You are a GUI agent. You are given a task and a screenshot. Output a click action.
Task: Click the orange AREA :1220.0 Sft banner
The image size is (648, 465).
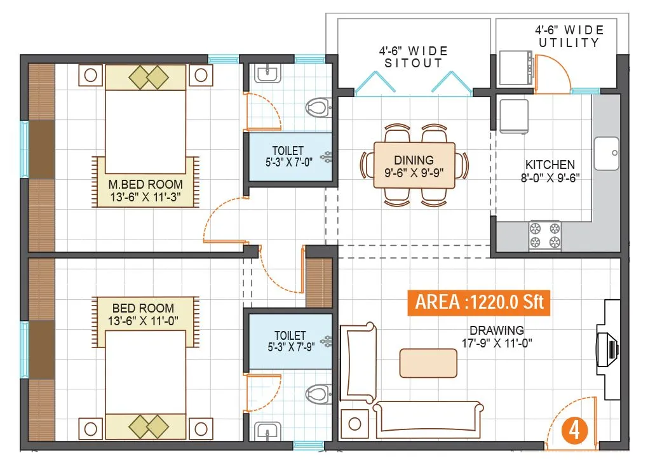(480, 302)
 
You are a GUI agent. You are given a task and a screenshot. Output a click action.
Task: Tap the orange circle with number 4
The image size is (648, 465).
(574, 431)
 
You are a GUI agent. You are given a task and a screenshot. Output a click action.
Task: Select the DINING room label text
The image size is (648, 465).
(414, 166)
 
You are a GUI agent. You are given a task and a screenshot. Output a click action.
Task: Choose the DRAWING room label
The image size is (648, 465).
(496, 336)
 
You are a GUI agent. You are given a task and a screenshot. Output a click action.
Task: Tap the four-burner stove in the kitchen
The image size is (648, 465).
(546, 235)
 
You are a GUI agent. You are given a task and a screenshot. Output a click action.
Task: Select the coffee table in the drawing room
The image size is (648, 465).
(428, 363)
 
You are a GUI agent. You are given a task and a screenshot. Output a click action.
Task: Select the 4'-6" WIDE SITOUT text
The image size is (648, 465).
(414, 57)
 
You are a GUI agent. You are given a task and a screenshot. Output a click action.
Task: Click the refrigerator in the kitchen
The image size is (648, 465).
(513, 114)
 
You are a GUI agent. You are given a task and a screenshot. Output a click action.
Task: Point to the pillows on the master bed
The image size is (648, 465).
(148, 77)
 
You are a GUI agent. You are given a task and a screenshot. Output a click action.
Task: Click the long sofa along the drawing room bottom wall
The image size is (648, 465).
(428, 419)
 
